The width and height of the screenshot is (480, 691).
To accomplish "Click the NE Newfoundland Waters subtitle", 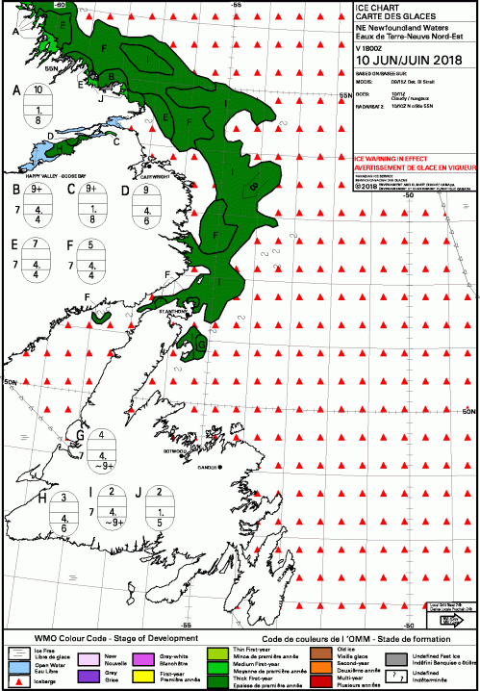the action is point(395,28).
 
